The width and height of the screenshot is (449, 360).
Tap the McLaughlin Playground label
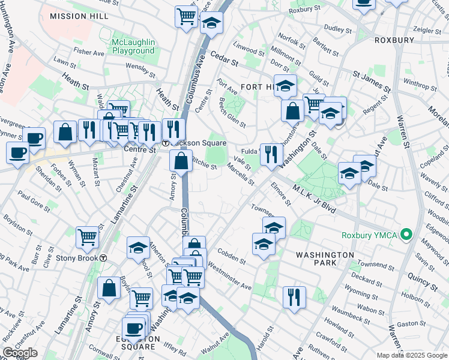[x=133, y=47]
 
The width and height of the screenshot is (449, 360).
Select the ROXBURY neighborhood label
[x=394, y=40]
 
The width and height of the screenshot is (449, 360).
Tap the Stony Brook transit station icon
[x=104, y=258]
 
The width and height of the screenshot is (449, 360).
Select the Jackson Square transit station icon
[x=166, y=143]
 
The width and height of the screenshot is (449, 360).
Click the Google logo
[x=20, y=353]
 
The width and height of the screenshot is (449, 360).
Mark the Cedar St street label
[x=225, y=62]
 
